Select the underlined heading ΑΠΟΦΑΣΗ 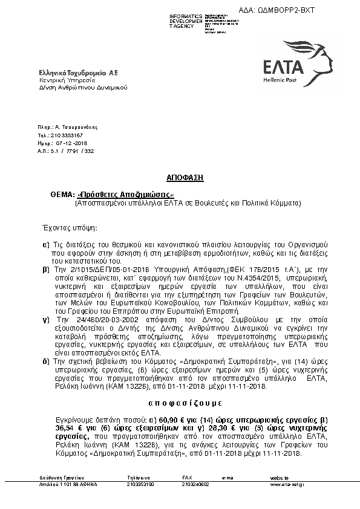[x=185, y=179]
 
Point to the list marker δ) [x=45, y=360]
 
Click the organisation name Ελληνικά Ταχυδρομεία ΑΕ [x=78, y=73]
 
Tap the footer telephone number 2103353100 [x=140, y=485]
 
